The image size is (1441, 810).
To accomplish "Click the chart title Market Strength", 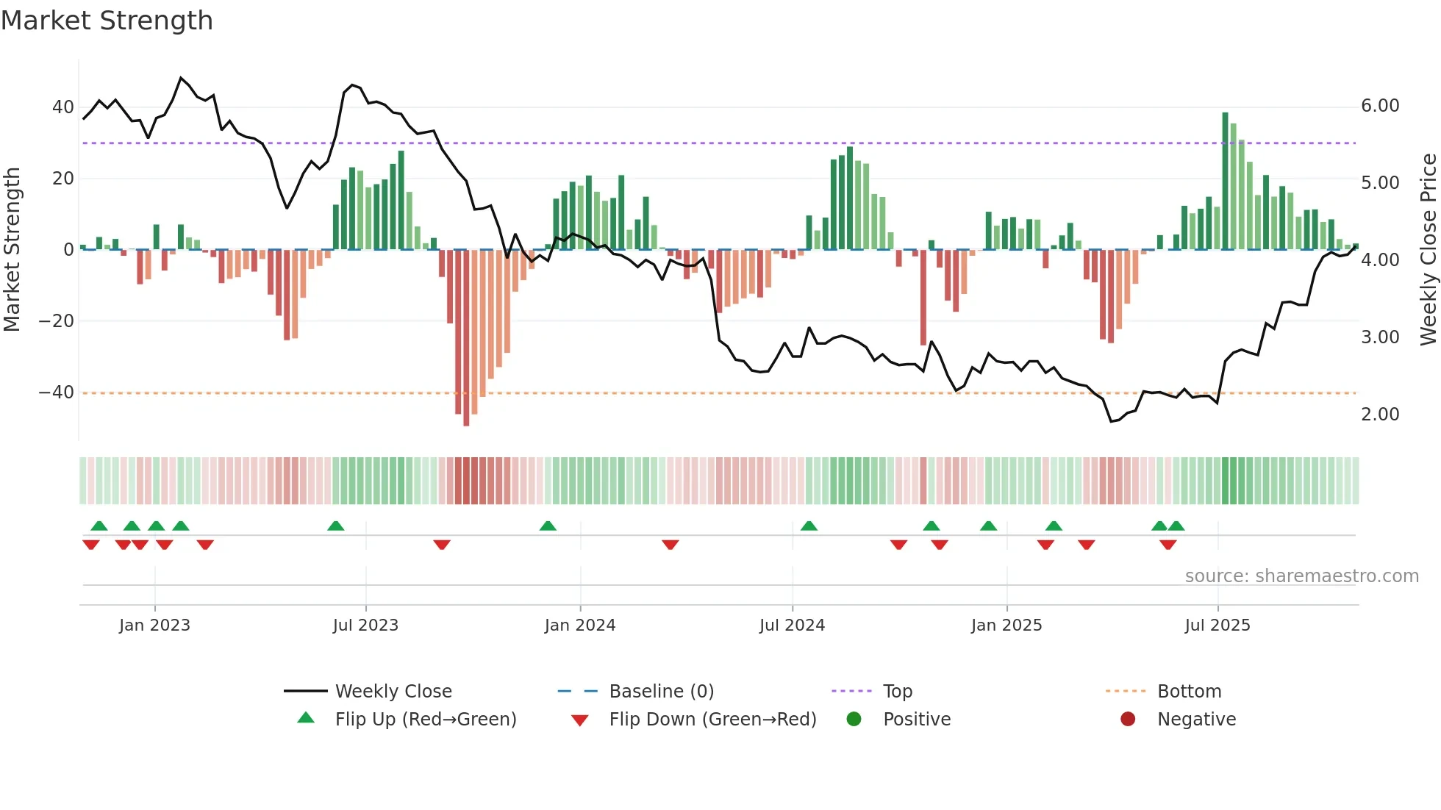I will click(107, 21).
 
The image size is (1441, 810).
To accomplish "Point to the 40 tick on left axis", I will click(63, 107).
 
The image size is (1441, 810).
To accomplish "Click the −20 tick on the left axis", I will click(57, 321).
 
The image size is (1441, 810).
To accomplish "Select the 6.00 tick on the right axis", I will click(1380, 106).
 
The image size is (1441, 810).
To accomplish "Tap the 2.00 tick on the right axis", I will click(1380, 415).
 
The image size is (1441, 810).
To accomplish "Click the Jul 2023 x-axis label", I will click(365, 626).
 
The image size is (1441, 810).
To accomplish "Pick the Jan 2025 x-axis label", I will click(1006, 626).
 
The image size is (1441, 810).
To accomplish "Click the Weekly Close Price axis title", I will click(1428, 250).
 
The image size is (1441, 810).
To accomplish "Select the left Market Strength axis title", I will click(12, 250).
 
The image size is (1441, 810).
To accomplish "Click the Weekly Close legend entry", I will click(393, 692).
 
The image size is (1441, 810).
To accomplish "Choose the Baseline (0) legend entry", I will click(661, 692).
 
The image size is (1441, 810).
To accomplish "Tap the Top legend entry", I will click(898, 692).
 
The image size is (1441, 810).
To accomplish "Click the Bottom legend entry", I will click(1189, 692).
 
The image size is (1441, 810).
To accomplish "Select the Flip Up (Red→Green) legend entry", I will click(426, 720).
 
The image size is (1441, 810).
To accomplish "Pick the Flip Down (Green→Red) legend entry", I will click(712, 720).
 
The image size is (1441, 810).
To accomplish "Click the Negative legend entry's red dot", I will click(1128, 720).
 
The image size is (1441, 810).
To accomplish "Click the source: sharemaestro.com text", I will click(1301, 576).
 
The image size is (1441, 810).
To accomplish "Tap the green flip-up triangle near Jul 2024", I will click(809, 526).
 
